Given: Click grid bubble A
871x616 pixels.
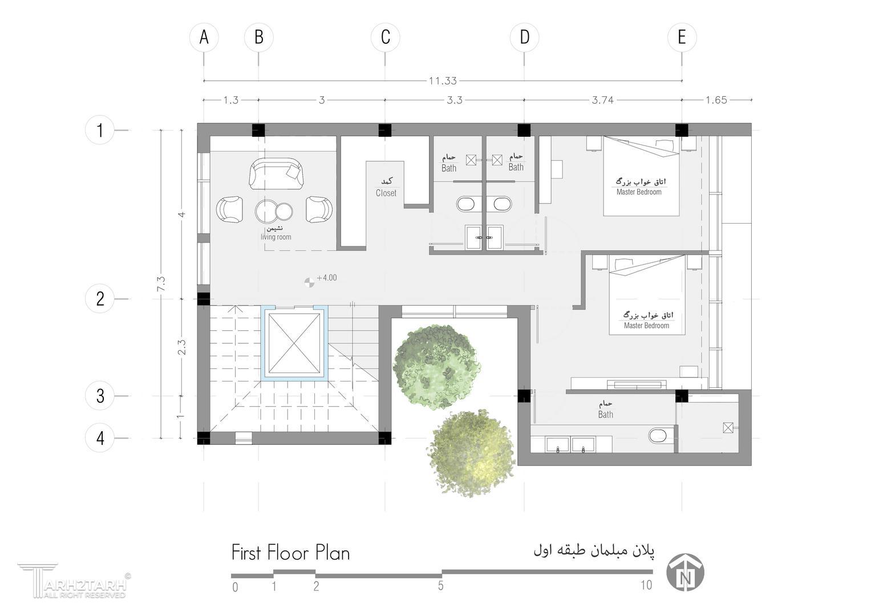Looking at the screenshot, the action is [x=204, y=37].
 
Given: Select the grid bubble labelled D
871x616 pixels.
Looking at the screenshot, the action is [x=524, y=37].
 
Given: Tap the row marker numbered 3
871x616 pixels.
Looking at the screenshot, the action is [x=100, y=396].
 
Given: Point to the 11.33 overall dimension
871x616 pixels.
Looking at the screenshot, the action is [x=443, y=81].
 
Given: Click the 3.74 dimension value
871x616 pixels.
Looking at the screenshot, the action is [x=603, y=100].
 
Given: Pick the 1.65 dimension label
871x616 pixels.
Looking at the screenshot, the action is [x=716, y=100].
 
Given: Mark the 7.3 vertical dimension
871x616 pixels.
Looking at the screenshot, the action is [x=161, y=284].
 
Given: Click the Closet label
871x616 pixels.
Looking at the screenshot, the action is [x=386, y=193].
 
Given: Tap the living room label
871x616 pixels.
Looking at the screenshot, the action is [x=276, y=237].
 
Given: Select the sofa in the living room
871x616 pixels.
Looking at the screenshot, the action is [x=276, y=174].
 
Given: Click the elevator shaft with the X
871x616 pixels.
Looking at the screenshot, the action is [x=294, y=343].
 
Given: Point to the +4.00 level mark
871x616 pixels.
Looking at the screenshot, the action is [x=321, y=279].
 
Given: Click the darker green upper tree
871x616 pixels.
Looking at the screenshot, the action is [x=437, y=367].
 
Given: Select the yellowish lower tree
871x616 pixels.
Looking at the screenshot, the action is [x=471, y=453].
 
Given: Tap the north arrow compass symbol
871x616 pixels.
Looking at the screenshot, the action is [x=685, y=573].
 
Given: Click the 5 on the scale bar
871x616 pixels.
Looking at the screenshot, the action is [x=440, y=586].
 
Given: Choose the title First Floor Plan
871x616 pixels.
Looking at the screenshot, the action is [x=290, y=553].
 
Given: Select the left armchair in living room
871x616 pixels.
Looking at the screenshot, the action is [x=229, y=210].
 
